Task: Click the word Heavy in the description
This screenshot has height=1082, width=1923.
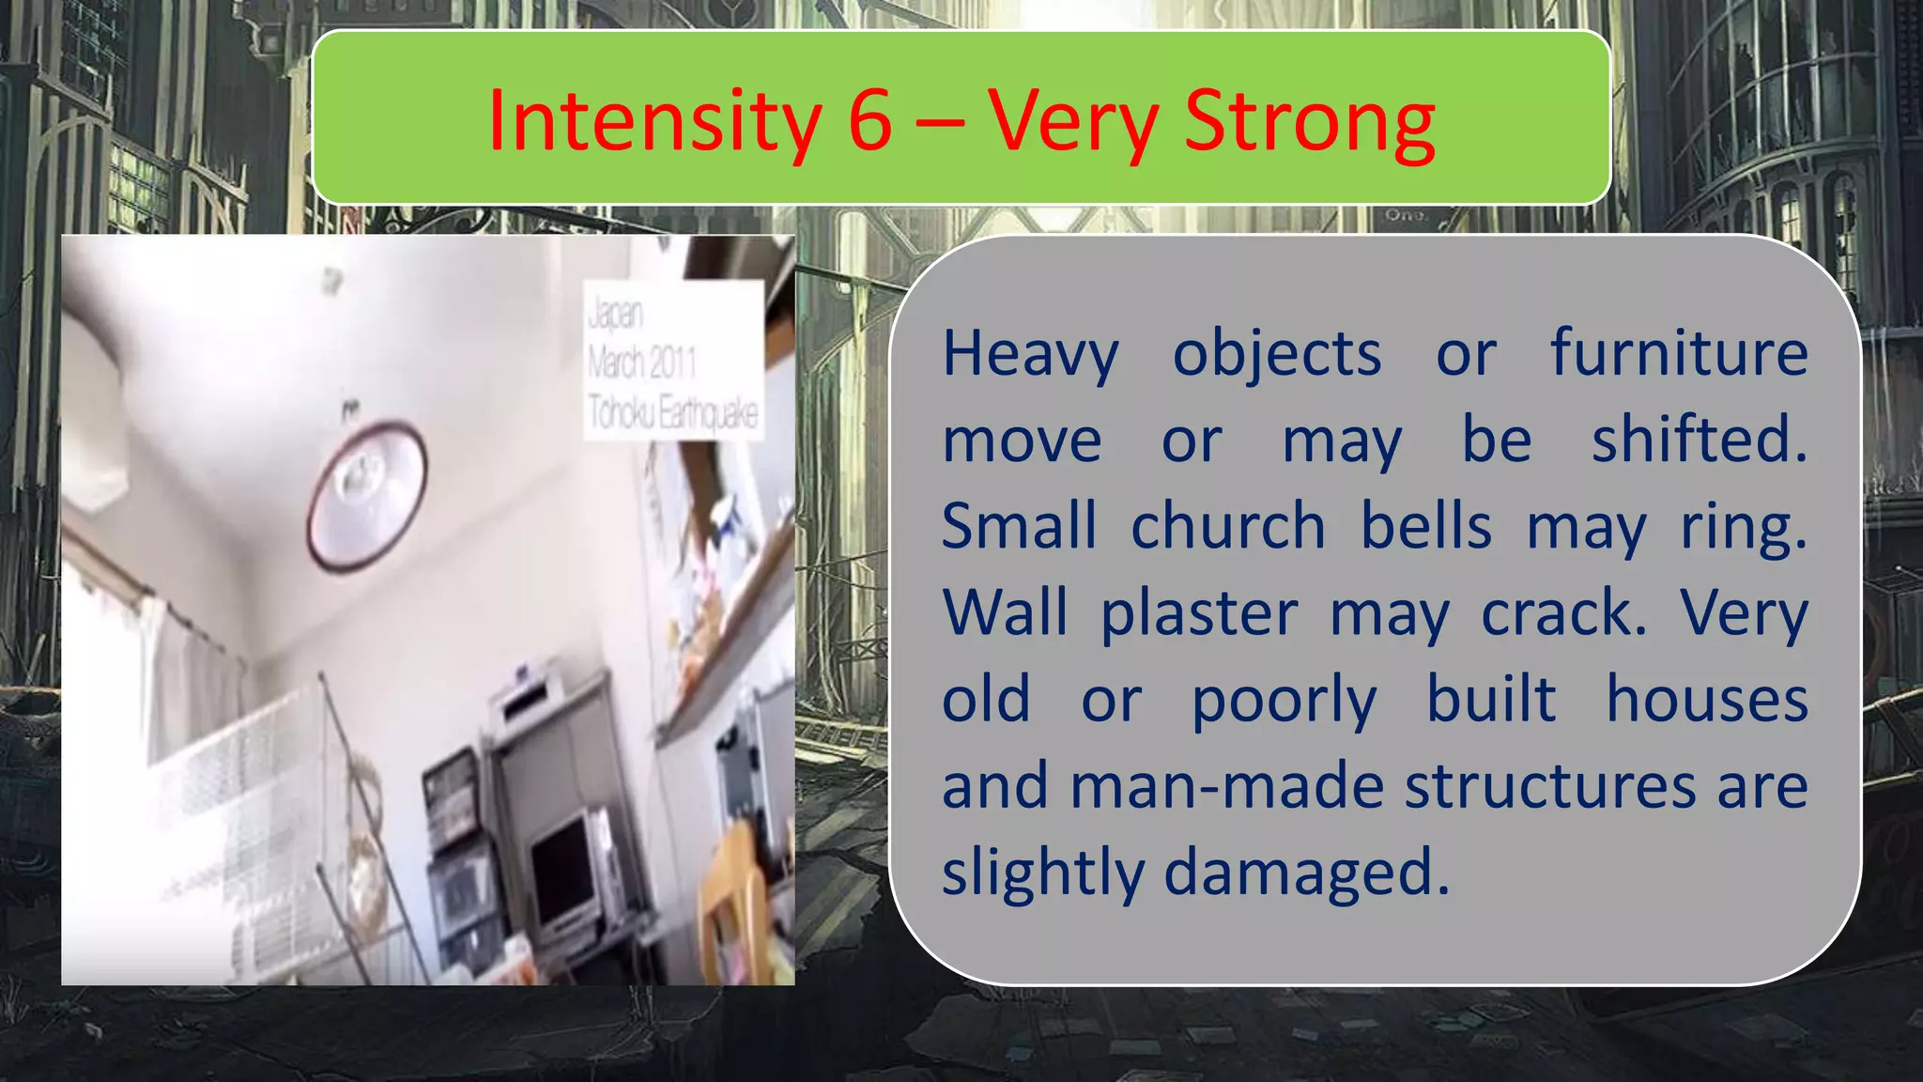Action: pos(1030,355)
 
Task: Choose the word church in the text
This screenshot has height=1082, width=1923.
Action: pos(1227,526)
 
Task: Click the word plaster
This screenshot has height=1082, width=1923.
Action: pos(1199,614)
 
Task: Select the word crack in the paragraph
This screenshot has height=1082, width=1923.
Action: pos(1562,612)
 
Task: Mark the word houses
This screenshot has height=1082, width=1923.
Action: pos(1706,700)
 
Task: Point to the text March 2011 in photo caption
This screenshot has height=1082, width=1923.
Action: pos(642,363)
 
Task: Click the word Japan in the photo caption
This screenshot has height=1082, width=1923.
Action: pos(616,314)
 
